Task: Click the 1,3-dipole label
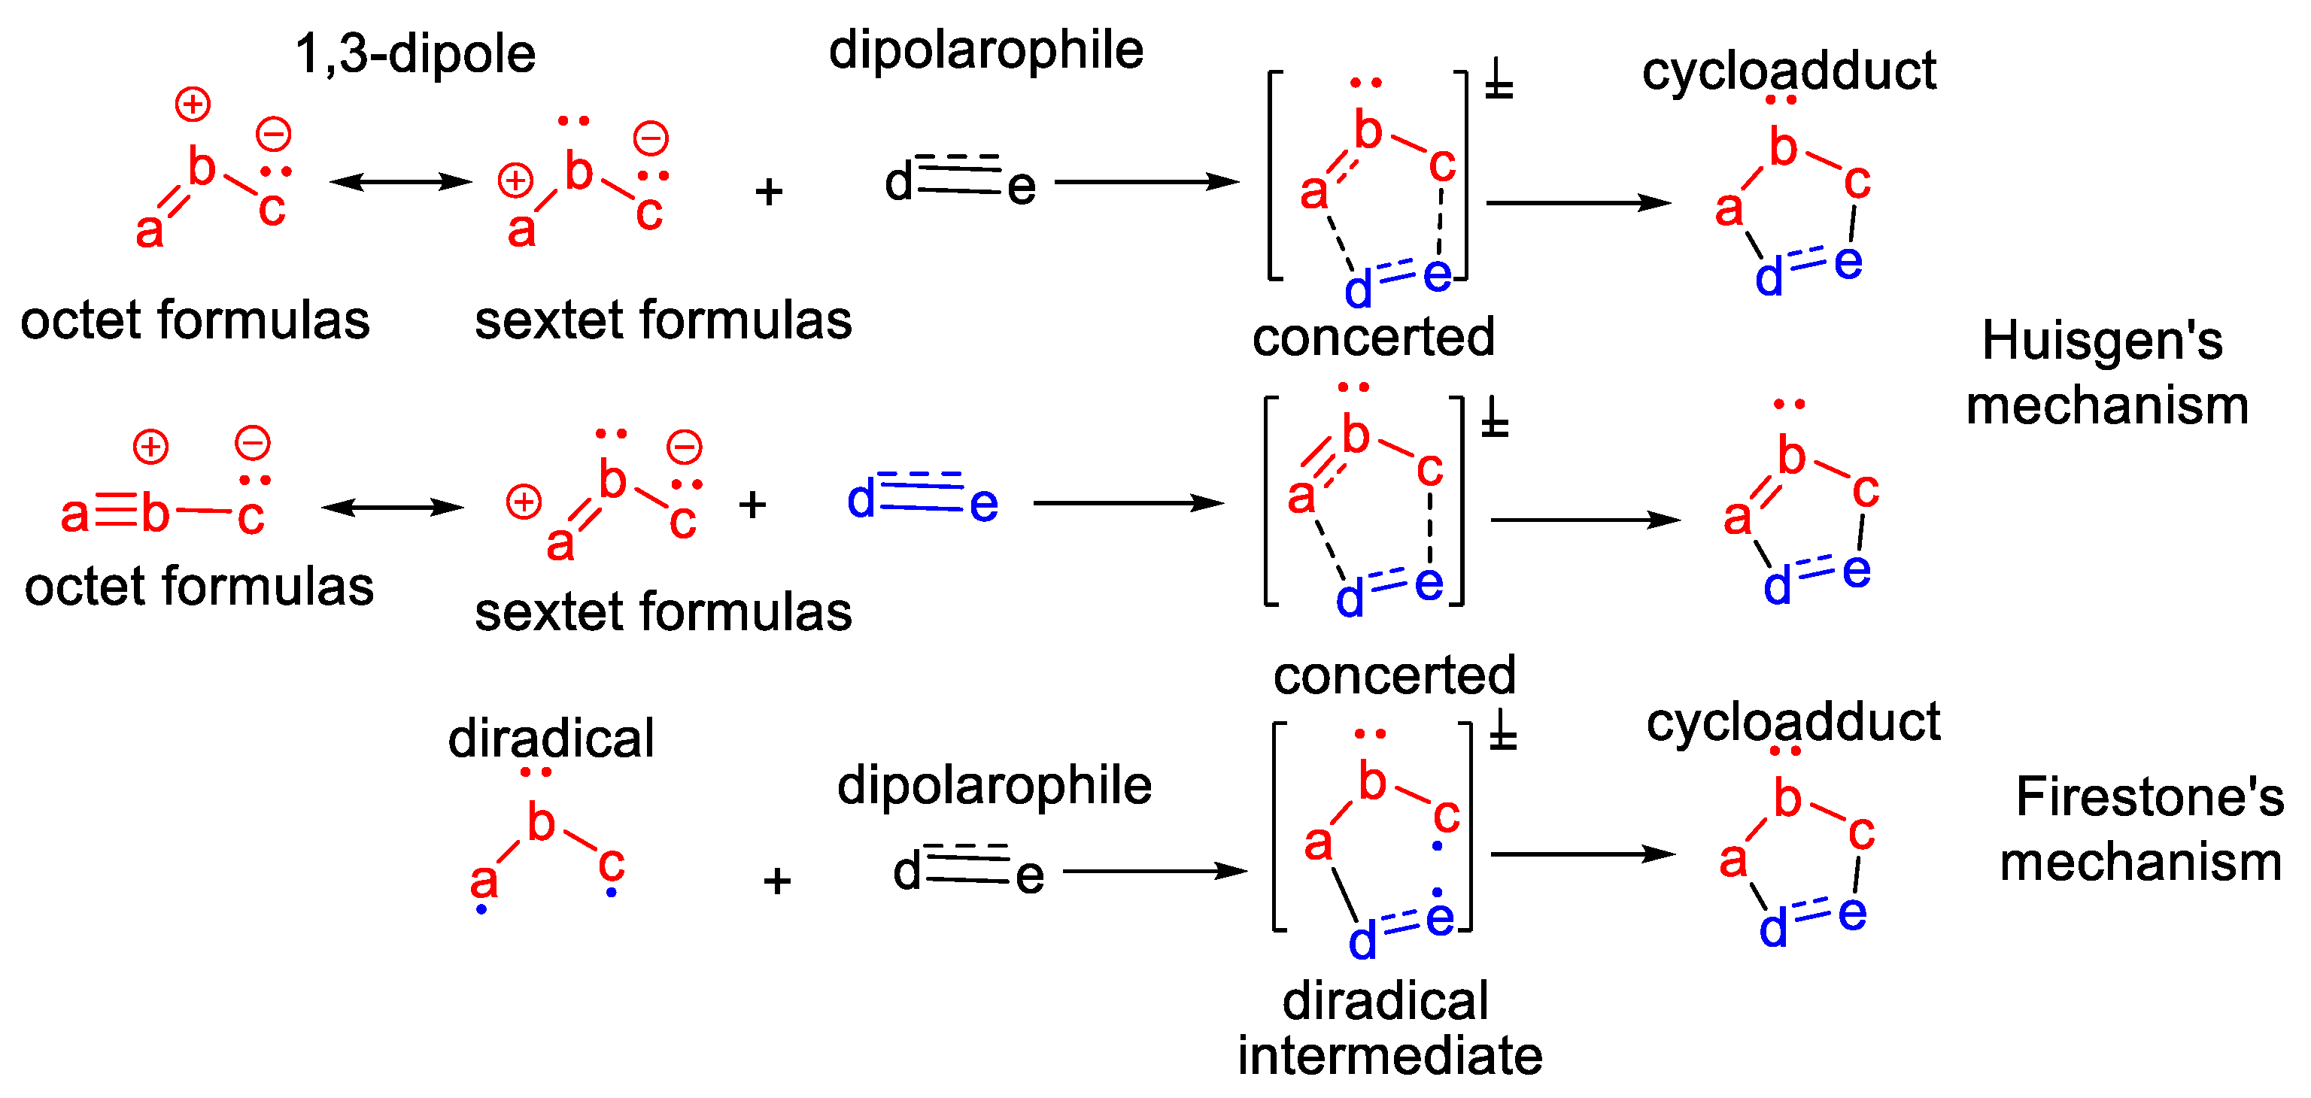415,54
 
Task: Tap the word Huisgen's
2102,341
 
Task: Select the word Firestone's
2149,796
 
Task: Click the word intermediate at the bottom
1389,1056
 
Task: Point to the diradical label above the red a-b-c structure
551,739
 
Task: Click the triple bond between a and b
116,513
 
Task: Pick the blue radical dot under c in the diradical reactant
611,893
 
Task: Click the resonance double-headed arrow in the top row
400,182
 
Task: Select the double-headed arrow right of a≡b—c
393,508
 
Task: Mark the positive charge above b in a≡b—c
150,447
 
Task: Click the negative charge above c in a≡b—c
252,443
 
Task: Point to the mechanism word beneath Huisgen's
2107,406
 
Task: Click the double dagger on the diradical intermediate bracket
1503,734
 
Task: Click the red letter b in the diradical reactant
541,823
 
